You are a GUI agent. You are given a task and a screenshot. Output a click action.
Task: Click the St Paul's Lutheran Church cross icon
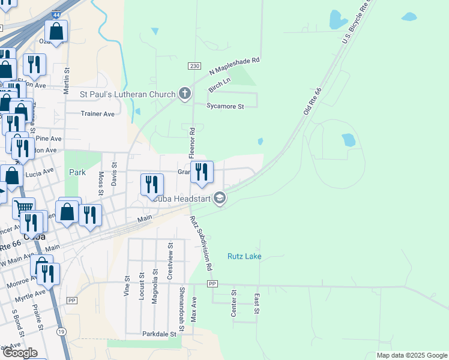(x=185, y=94)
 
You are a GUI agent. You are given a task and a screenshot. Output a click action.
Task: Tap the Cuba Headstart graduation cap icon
(x=220, y=197)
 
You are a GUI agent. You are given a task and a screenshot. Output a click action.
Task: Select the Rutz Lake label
(x=244, y=256)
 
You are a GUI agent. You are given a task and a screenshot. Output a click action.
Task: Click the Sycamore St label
(x=226, y=106)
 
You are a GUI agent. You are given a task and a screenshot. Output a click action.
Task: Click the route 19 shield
(x=61, y=331)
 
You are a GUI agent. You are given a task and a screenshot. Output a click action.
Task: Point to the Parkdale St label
(x=159, y=334)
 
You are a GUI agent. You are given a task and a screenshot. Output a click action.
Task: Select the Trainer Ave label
(x=98, y=114)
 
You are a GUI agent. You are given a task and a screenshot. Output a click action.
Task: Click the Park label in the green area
(x=77, y=172)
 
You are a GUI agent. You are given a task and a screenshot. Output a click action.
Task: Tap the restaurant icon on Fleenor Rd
(x=202, y=172)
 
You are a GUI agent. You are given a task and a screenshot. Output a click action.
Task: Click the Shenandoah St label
(x=181, y=304)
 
